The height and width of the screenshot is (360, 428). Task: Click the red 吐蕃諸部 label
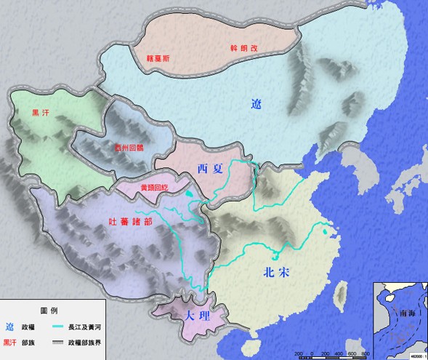pos(129,222)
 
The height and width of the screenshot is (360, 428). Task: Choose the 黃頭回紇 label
pos(156,187)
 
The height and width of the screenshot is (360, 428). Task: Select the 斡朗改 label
pos(243,49)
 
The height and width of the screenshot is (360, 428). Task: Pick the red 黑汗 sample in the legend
pos(9,341)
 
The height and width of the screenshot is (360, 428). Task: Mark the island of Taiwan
pos(339,293)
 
